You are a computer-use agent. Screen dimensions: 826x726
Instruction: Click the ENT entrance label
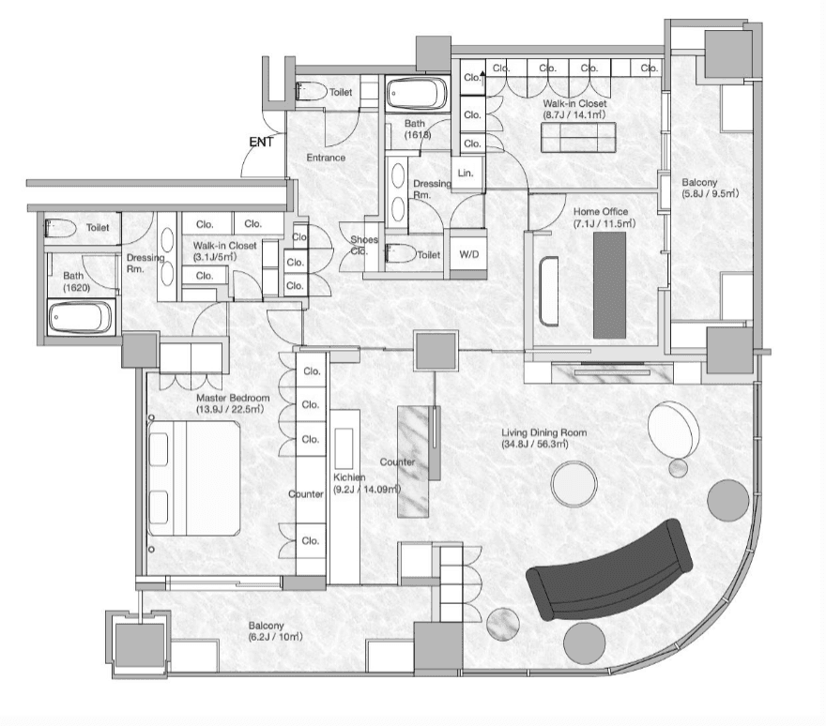point(261,143)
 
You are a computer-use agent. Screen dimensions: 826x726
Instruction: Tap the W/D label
point(468,255)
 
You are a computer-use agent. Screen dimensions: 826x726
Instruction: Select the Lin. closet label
point(466,173)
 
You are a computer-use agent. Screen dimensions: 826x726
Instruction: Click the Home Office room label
point(604,218)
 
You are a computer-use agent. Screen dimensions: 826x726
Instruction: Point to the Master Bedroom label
point(233,403)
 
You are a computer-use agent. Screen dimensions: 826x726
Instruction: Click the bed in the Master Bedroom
point(194,477)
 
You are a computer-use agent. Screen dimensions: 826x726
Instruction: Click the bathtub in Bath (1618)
point(417,93)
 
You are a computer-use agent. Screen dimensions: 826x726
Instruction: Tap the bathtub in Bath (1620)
point(80,317)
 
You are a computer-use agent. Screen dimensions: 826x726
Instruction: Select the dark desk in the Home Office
point(609,285)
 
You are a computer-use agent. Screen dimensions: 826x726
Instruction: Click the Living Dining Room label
point(543,438)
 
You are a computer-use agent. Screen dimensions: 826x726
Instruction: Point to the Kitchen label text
point(367,483)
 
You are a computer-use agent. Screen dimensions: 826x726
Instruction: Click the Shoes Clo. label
point(364,246)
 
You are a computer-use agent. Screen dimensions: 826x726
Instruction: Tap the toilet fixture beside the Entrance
point(312,92)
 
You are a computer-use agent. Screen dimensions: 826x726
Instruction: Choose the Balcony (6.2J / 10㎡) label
point(275,631)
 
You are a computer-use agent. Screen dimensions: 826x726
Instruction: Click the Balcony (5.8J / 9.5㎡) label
point(711,188)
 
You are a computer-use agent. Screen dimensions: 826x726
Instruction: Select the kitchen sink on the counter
point(344,448)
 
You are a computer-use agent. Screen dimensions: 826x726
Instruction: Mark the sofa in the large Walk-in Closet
point(578,137)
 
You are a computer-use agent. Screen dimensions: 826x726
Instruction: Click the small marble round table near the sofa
point(502,625)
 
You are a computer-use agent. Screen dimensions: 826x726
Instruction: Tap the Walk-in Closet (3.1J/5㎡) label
point(224,251)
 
